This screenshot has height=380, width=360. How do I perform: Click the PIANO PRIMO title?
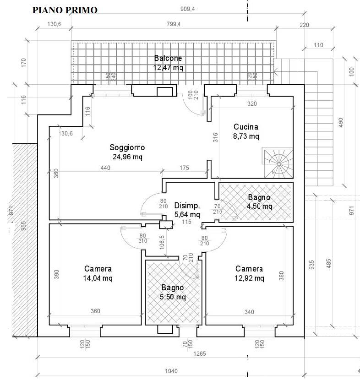point(64,11)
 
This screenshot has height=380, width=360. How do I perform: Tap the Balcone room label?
point(168,58)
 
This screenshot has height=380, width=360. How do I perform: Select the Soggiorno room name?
point(127,147)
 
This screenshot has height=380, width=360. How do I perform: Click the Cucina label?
point(246,127)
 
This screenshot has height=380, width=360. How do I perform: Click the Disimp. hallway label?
point(187,206)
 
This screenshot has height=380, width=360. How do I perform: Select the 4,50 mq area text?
point(259,206)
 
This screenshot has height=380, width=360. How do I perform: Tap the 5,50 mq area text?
point(173,297)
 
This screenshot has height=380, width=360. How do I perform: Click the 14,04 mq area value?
point(98,278)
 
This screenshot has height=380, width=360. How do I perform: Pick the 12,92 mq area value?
point(249,278)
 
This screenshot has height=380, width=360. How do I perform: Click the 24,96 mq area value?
point(127,157)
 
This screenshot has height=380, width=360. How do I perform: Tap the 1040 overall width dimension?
point(170,371)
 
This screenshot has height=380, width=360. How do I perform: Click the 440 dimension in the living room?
point(105,168)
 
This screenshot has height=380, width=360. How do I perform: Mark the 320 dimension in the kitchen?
point(251,103)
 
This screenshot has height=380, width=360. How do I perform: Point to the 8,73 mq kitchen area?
point(246,136)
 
